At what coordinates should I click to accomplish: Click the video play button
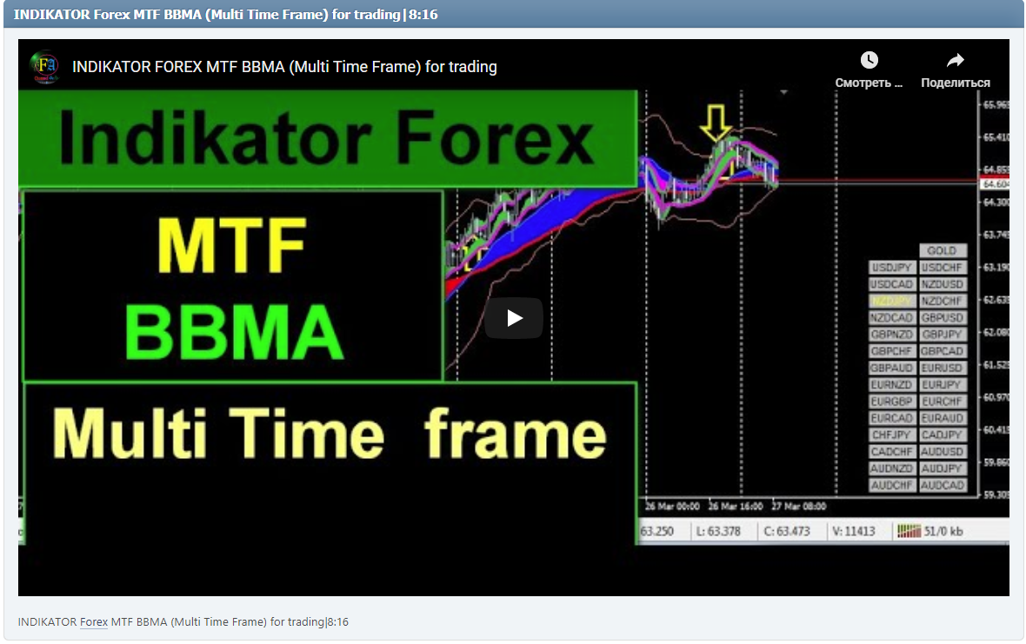click(514, 318)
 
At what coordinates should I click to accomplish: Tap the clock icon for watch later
click(869, 60)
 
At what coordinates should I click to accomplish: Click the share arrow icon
click(955, 60)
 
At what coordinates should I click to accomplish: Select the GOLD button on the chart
click(942, 251)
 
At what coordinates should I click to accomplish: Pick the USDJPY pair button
click(891, 268)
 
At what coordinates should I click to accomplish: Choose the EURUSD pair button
click(943, 368)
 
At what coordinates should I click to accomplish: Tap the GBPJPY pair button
click(943, 335)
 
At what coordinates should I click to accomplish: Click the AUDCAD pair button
click(943, 485)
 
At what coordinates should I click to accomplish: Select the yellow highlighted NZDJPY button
click(891, 301)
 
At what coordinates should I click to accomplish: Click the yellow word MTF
click(232, 245)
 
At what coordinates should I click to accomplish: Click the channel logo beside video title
click(43, 66)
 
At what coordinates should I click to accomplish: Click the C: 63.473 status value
click(786, 531)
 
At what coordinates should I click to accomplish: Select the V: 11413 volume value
click(853, 531)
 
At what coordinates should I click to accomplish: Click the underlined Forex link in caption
click(94, 621)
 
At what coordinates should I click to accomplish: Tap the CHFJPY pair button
click(891, 435)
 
